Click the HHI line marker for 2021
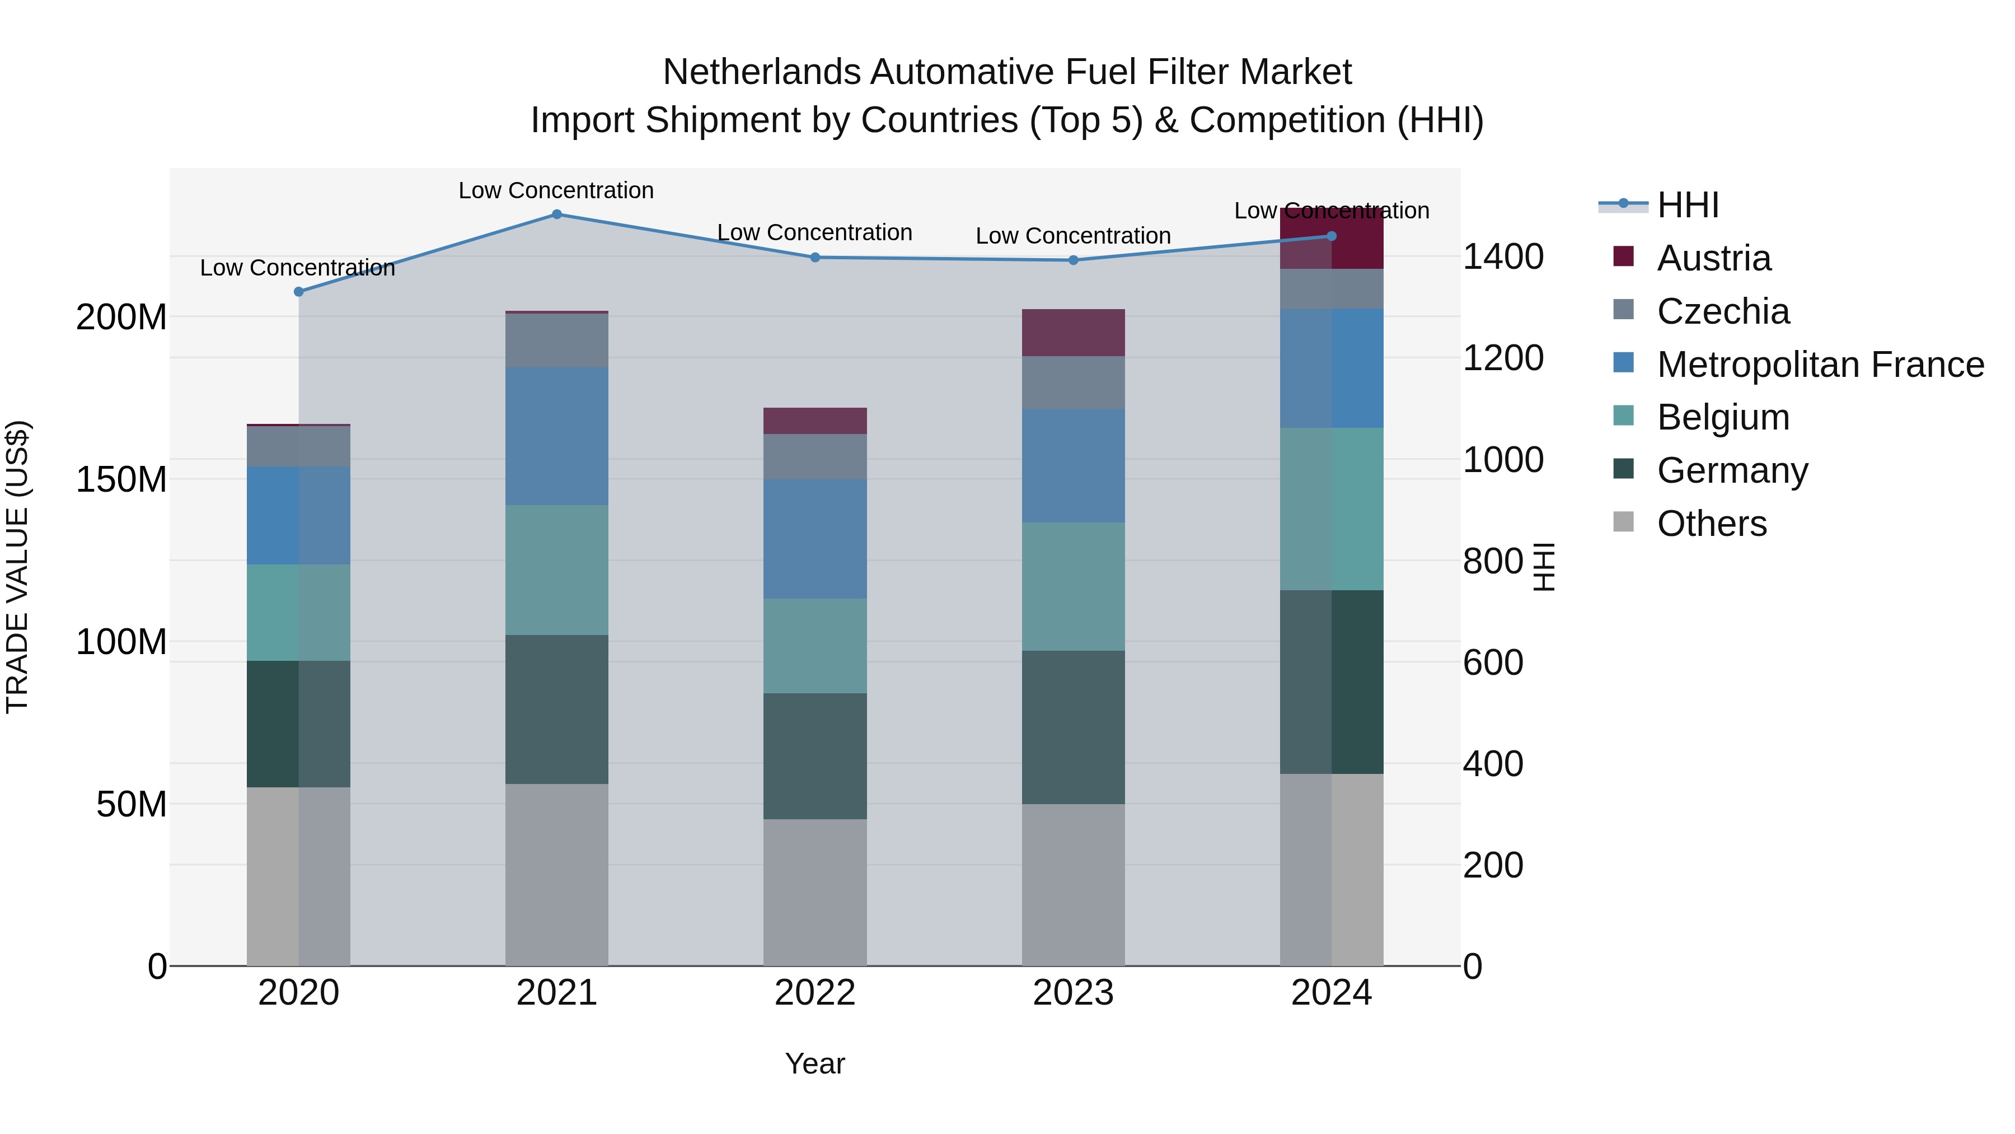(556, 214)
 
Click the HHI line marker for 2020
(298, 292)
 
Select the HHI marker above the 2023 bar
(1073, 260)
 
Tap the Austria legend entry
(1713, 258)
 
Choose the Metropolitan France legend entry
(1820, 365)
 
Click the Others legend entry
(1712, 524)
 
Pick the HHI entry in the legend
(1687, 205)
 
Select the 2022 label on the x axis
(814, 993)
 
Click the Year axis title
(814, 1063)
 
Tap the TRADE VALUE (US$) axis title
(17, 567)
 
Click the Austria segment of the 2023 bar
(1073, 333)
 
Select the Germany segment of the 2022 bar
(814, 756)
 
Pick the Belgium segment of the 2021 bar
(556, 570)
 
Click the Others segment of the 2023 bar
(1073, 884)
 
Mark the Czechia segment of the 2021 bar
(556, 340)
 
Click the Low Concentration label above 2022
(814, 232)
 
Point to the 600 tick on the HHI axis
(1492, 663)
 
